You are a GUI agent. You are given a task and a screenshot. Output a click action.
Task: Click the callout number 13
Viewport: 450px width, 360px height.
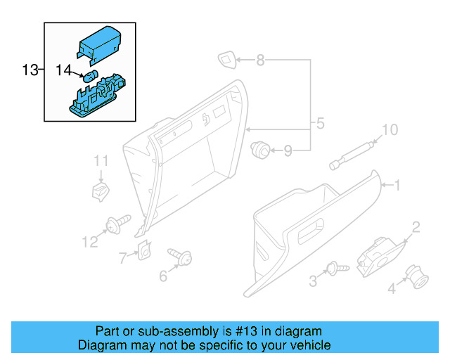30,70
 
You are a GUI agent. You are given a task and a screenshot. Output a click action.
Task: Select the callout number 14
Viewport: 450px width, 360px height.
64,70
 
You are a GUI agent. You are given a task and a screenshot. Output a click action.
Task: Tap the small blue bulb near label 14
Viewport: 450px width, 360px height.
91,77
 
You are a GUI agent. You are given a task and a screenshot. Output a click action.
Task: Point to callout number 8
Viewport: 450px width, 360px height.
260,61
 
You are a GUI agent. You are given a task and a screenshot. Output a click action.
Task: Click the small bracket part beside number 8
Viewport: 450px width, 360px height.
227,60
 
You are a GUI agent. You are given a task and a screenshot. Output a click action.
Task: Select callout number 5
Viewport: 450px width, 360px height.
320,124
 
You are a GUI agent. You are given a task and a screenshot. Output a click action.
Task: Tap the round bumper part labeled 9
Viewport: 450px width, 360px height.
260,148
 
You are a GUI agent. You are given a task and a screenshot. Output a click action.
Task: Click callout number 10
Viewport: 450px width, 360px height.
389,129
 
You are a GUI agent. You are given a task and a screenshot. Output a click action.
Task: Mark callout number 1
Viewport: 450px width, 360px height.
397,186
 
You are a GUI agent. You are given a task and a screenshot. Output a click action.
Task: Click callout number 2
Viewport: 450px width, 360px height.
416,226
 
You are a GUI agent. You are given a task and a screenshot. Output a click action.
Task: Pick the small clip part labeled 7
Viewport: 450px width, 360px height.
145,249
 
